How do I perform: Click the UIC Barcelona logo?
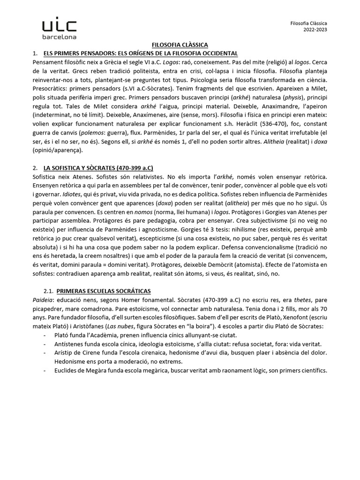[59, 29]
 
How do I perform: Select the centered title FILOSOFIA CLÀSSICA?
[180, 45]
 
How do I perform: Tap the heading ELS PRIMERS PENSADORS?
[140, 53]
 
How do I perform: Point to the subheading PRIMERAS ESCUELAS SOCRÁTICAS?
[107, 291]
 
